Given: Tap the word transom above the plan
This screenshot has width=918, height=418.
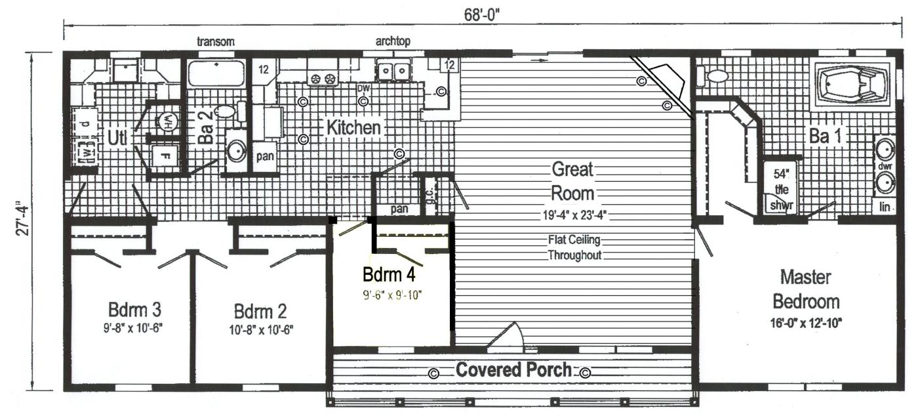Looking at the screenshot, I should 216,42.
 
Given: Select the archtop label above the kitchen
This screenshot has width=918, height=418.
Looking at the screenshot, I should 393,42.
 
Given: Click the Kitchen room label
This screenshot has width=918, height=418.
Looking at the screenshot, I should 353,127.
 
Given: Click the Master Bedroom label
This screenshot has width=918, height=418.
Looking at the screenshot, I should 806,289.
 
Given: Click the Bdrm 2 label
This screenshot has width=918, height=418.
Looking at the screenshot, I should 260,310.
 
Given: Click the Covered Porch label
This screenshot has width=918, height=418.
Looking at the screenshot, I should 513,369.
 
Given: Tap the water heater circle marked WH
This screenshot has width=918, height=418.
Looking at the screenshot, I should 167,121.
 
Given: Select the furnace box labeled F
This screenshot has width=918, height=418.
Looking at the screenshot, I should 165,157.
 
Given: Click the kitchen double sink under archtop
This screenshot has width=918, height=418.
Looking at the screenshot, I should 393,69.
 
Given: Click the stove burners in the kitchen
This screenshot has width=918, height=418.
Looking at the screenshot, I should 323,79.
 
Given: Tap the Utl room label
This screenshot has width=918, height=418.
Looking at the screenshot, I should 117,138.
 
